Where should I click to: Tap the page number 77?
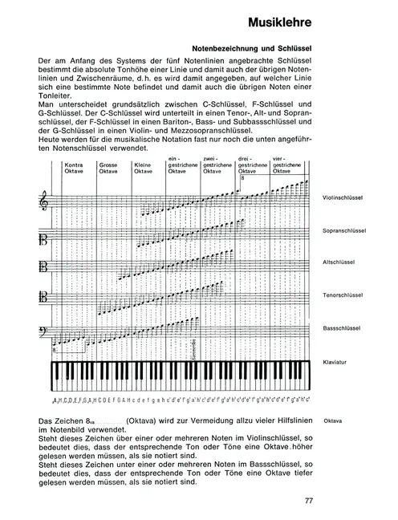309,502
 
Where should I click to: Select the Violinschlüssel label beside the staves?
341,197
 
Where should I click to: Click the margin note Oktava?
332,420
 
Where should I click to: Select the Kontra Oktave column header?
75,168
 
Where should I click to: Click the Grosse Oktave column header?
108,168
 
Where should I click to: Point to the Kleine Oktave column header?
144,168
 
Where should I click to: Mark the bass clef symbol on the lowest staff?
44,331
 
